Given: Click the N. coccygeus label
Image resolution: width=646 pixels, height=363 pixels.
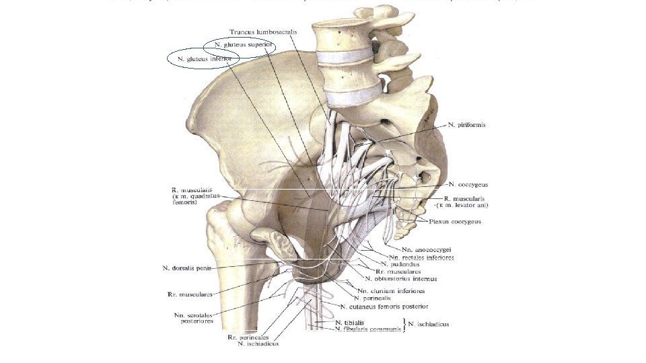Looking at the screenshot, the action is [x=468, y=184].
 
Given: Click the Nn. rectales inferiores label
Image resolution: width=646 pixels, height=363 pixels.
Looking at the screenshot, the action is [x=422, y=257].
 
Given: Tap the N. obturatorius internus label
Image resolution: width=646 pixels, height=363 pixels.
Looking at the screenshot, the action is [x=401, y=278].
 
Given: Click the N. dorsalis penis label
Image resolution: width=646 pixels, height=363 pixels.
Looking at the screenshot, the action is [x=193, y=268].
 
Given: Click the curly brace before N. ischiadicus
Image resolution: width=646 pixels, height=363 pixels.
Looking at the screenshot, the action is [x=404, y=326].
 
